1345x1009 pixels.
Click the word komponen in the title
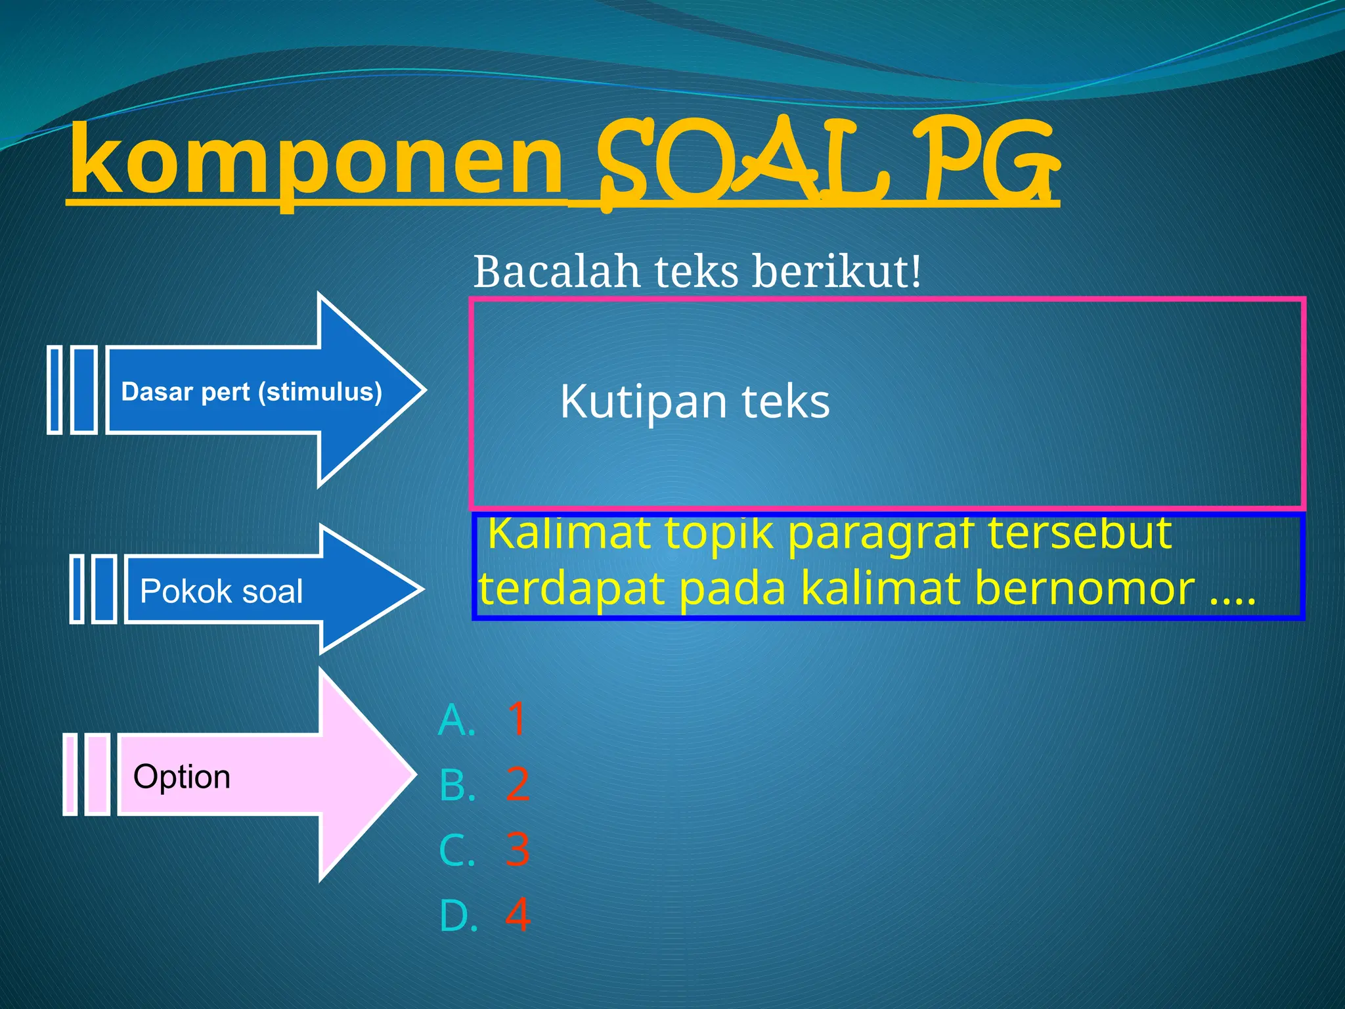tap(315, 161)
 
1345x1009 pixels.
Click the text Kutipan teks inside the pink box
tap(695, 401)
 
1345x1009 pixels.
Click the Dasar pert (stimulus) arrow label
tap(252, 392)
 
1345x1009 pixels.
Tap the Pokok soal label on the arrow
tap(221, 591)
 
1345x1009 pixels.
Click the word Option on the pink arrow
tap(182, 776)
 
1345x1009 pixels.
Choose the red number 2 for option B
tap(518, 784)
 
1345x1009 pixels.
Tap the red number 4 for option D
tap(518, 915)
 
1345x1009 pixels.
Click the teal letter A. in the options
tap(457, 720)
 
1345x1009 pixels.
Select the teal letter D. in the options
tap(458, 916)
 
